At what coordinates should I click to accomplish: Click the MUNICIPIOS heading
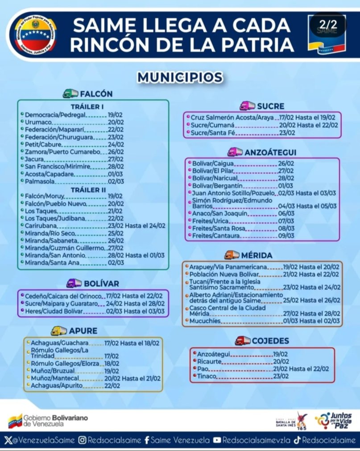(180, 77)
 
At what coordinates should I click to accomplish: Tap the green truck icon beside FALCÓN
(70, 94)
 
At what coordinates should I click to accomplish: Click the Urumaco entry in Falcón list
(38, 122)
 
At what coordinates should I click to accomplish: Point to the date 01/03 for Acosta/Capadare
(115, 174)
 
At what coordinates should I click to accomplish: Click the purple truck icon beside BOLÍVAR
(74, 283)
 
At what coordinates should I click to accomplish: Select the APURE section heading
(83, 331)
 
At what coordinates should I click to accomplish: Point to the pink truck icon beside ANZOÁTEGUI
(235, 152)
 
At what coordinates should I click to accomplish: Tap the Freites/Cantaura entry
(213, 235)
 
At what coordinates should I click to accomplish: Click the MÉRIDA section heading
(257, 255)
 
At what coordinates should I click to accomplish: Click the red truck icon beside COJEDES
(242, 340)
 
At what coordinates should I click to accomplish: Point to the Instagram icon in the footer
(83, 440)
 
